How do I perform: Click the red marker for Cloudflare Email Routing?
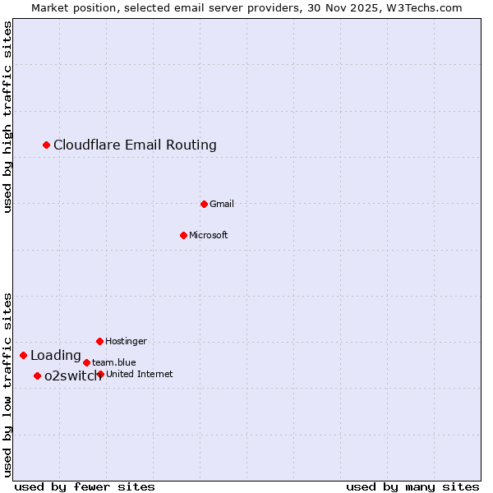[47, 145]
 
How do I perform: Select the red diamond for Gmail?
[204, 204]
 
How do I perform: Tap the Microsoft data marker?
[184, 235]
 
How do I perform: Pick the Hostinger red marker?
[99, 341]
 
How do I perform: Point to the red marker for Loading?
[24, 355]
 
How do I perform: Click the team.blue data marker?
[86, 362]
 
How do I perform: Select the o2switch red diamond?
[38, 376]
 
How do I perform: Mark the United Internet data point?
[100, 374]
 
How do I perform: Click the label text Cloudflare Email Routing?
[135, 145]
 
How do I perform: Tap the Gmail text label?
[222, 204]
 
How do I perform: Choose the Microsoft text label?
[208, 235]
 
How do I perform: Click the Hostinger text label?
[126, 341]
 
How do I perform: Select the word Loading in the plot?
[56, 355]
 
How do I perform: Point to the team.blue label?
[113, 362]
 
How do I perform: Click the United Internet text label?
[139, 374]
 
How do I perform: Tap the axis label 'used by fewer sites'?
[85, 486]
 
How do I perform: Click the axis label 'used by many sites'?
[412, 486]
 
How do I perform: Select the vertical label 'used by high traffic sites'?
[7, 117]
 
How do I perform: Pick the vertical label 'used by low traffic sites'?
[7, 384]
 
